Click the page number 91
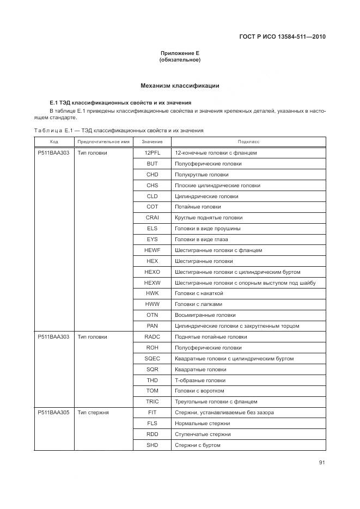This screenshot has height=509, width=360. (x=322, y=463)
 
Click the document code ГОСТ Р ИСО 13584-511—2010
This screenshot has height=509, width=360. (x=286, y=38)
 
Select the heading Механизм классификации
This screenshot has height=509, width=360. (x=180, y=85)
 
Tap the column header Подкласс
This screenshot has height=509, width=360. (x=248, y=142)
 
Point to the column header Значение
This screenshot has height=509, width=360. (x=152, y=142)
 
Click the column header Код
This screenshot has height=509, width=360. (x=54, y=142)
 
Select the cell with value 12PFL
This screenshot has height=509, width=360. (x=152, y=153)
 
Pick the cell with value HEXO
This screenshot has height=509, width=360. (x=152, y=272)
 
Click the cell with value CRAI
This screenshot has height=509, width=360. (x=152, y=218)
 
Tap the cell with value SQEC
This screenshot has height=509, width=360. (x=152, y=359)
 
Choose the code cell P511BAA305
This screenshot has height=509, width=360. (x=53, y=413)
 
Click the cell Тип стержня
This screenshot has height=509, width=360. (x=93, y=413)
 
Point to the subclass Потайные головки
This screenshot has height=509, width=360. (x=198, y=207)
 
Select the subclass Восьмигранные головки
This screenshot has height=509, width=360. (x=205, y=315)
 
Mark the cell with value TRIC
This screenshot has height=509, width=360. (x=152, y=402)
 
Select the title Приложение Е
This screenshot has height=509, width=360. (x=180, y=53)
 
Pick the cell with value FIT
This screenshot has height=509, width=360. (x=152, y=413)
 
